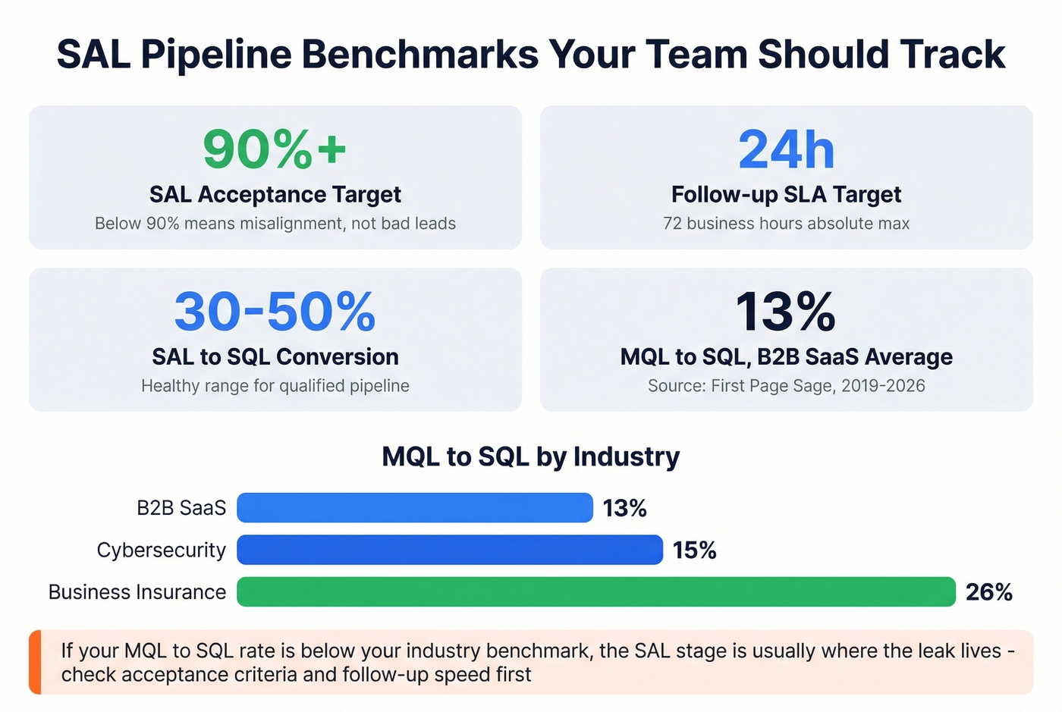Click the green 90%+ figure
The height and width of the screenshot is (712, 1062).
coord(275,149)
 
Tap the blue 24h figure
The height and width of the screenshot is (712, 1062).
coord(786,149)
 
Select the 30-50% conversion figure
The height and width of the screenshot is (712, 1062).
coord(275,312)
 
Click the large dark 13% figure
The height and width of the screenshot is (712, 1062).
coord(786,312)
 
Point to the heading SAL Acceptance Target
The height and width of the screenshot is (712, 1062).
coord(275,195)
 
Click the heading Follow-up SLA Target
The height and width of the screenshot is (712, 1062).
coord(786,195)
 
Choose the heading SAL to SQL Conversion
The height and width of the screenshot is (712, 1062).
coord(275,357)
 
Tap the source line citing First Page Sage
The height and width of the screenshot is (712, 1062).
coord(786,386)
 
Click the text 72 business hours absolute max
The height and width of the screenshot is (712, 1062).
coord(786,224)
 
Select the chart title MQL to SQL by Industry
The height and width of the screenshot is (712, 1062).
coord(530,457)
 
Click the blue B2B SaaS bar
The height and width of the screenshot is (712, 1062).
coord(414,508)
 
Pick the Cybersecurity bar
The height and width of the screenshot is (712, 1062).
coord(449,550)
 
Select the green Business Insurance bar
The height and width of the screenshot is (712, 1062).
coord(595,592)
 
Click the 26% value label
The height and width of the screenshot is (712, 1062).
coord(988,592)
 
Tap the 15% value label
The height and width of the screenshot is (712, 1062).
coord(694,550)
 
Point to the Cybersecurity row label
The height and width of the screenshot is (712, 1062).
coord(161,550)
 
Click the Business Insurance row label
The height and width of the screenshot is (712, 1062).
coord(137,592)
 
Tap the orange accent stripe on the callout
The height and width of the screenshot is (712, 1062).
coord(35,662)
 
